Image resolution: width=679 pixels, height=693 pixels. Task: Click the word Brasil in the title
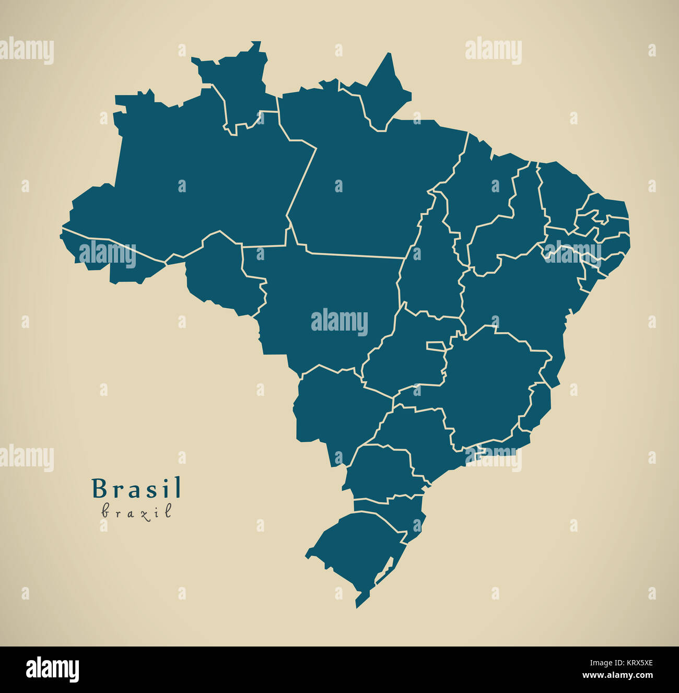pos(137,489)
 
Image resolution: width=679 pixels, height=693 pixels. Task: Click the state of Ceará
pos(561,193)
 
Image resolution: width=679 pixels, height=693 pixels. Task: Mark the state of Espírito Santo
pos(538,407)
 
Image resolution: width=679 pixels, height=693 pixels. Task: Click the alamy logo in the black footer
pos(52,669)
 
